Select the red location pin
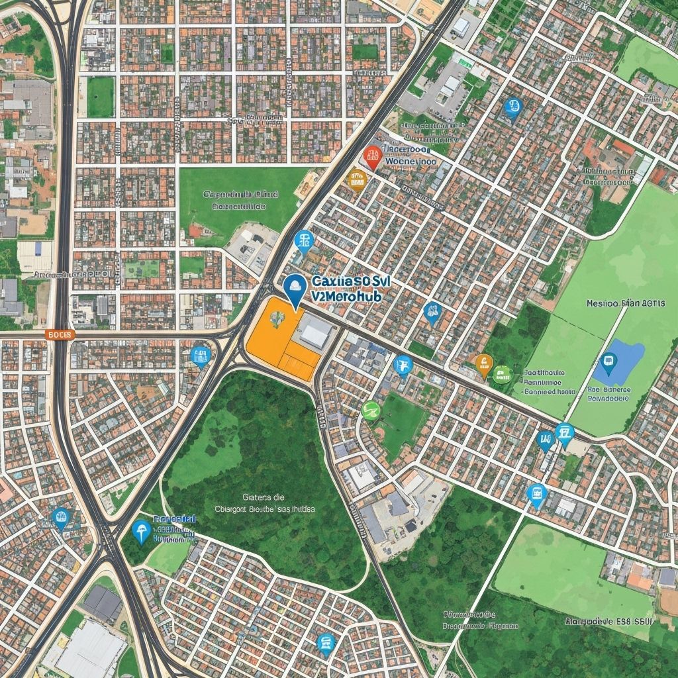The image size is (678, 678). [373, 157]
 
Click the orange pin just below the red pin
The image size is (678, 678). [357, 178]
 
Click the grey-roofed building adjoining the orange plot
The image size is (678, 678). [316, 332]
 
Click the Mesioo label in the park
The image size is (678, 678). [603, 304]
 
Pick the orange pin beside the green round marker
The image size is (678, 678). [484, 365]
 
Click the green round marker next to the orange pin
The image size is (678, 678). [503, 374]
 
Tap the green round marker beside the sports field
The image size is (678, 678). [371, 411]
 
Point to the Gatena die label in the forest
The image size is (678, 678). [263, 496]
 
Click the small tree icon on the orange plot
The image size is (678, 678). [277, 318]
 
